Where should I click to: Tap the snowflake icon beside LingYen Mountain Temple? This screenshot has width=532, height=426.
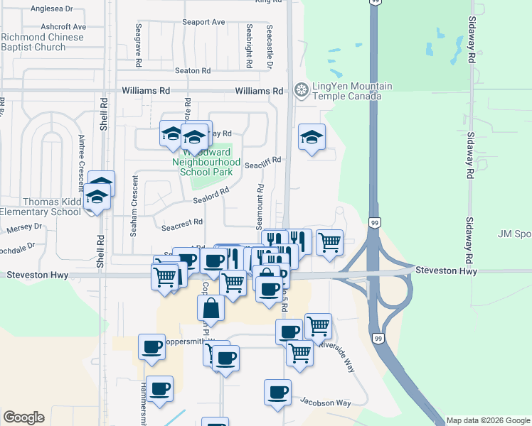click(x=302, y=91)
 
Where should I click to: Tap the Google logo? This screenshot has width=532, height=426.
click(x=23, y=417)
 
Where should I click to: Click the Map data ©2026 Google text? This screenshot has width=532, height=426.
click(x=487, y=420)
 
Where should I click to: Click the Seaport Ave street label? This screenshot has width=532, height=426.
click(x=203, y=22)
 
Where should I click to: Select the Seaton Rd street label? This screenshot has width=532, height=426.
click(x=193, y=70)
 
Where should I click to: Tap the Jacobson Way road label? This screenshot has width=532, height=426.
click(x=325, y=403)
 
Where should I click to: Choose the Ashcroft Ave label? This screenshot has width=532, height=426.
click(x=63, y=26)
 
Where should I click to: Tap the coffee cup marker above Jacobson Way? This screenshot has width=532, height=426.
click(x=277, y=391)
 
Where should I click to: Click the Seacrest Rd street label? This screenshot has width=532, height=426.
click(x=177, y=227)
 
